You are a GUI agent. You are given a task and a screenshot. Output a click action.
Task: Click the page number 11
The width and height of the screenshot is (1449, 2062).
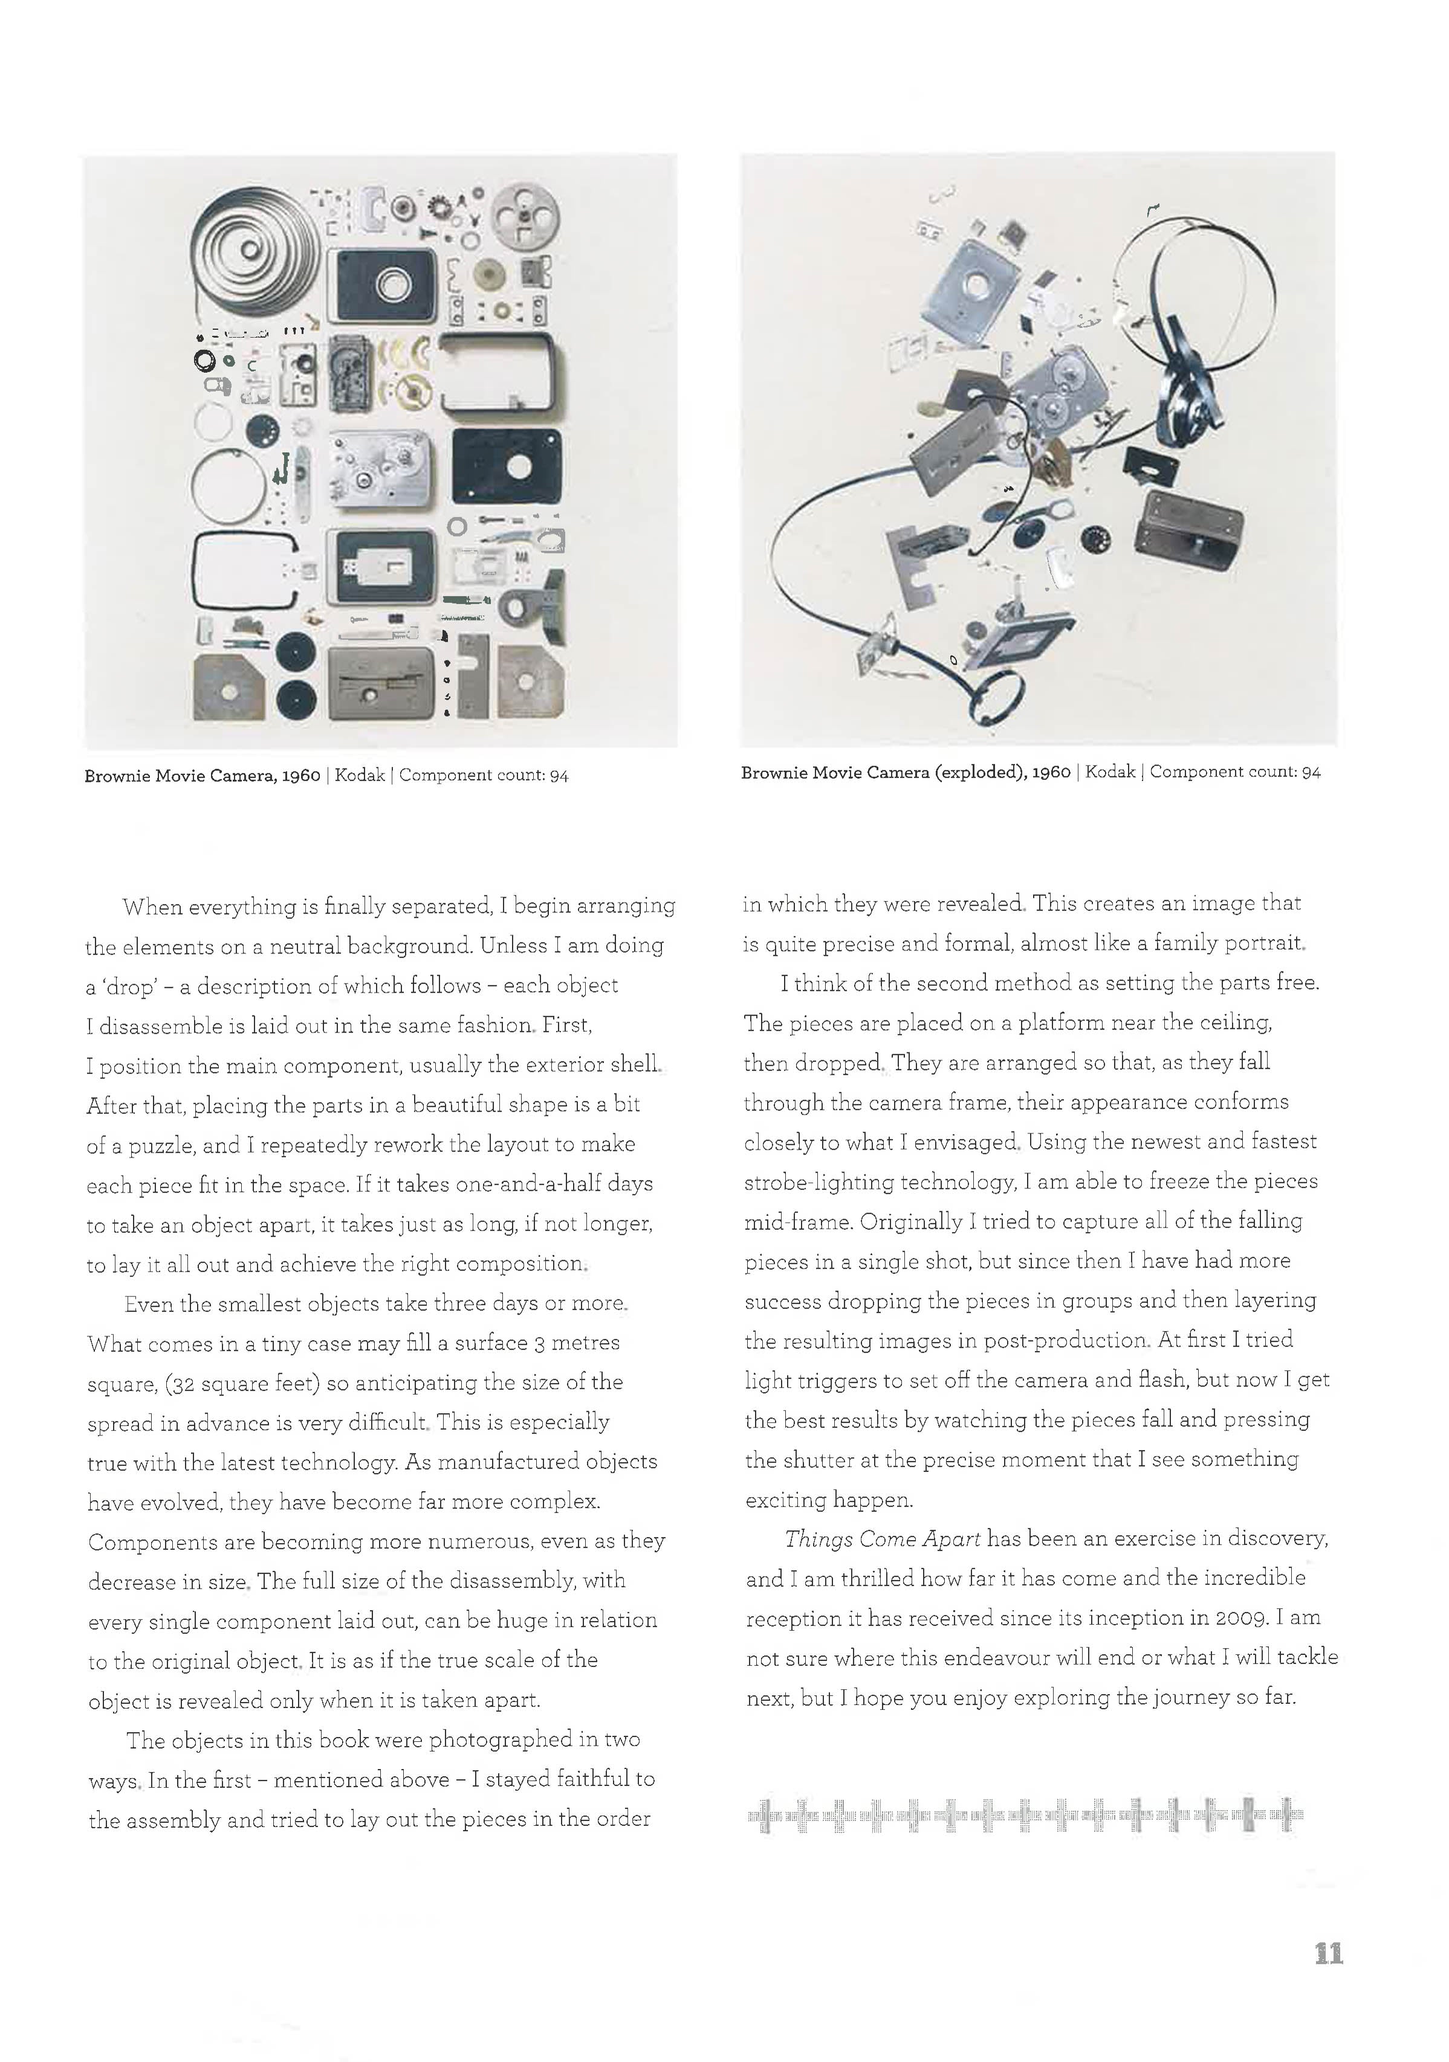(x=1327, y=1953)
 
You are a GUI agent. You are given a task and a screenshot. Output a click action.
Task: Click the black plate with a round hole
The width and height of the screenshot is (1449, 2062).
(x=508, y=466)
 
